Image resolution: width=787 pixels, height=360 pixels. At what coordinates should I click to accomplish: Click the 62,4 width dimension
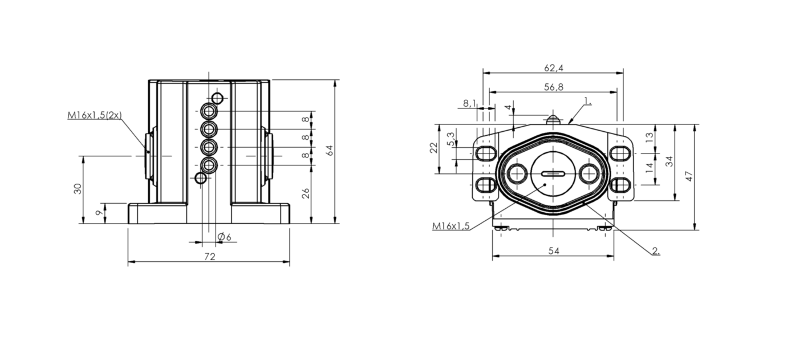point(553,68)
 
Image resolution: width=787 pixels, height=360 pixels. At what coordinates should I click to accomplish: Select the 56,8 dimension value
point(553,87)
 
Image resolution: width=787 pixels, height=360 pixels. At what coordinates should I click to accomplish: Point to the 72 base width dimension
point(209,257)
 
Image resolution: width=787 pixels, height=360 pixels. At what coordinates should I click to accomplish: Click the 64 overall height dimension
point(329,151)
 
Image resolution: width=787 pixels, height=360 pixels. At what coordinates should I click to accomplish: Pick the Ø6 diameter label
point(224,237)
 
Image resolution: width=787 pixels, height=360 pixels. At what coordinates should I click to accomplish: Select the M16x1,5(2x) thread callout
point(95,115)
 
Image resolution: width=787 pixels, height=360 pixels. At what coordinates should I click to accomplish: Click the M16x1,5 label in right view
point(451,226)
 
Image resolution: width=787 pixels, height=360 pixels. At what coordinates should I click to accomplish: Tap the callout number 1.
point(587,102)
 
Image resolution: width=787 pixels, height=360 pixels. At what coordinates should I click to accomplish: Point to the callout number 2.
point(656,250)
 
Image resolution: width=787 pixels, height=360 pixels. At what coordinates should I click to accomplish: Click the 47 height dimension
point(689,176)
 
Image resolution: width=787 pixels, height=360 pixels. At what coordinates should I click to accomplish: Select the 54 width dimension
point(553,252)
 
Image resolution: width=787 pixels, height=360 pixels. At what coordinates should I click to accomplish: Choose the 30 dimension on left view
point(78,188)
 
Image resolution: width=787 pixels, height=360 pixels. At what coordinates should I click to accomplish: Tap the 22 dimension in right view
point(433,148)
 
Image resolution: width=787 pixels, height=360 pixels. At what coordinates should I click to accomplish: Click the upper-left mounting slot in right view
point(485,153)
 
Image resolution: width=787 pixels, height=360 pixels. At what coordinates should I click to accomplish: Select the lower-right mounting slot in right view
point(620,185)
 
